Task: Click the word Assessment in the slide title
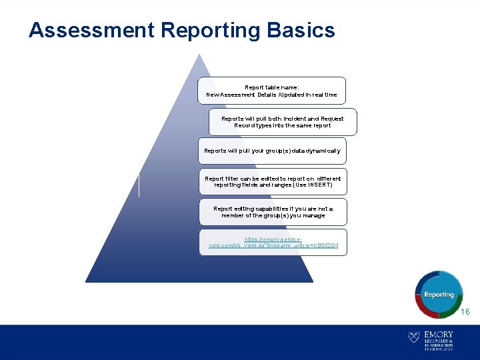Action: coord(92,31)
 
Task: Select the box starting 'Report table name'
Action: coord(272,91)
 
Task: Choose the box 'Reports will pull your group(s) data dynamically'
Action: coord(272,151)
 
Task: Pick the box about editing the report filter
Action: coord(273,181)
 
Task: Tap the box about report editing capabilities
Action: coord(273,212)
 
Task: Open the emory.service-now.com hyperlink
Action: coord(273,242)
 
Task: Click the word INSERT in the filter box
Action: coord(317,185)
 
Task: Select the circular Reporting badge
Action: coord(439,294)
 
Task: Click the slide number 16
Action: coord(465,312)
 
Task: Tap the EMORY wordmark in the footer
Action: coord(438,334)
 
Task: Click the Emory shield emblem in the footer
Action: coord(413,337)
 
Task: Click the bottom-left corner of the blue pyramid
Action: coord(87,281)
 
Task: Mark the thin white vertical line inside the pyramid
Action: coord(139,185)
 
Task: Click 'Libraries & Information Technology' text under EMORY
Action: coord(438,344)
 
